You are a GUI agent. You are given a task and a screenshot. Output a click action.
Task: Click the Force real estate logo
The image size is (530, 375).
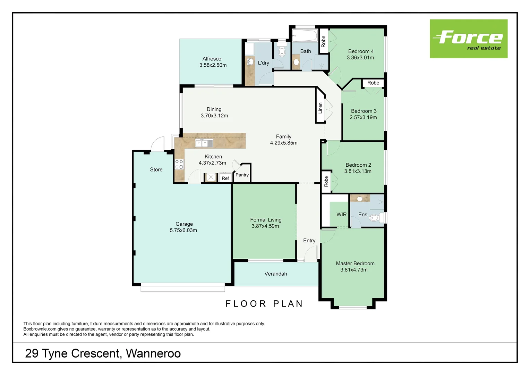pyautogui.click(x=468, y=39)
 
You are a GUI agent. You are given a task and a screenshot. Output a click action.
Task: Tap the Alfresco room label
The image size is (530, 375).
pyautogui.click(x=212, y=59)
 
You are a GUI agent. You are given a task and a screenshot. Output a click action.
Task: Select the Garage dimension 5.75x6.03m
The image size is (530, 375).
pyautogui.click(x=183, y=230)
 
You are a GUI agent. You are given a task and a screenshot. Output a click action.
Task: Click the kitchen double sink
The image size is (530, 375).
pyautogui.click(x=204, y=143)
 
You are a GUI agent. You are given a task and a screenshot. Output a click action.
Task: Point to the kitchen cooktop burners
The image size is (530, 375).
pyautogui.click(x=179, y=165)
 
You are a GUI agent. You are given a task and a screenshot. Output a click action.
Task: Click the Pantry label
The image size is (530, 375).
pyautogui.click(x=242, y=175)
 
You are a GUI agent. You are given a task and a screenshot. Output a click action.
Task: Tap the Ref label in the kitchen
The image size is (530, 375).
pyautogui.click(x=225, y=178)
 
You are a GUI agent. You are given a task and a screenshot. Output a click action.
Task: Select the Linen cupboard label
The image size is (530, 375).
pyautogui.click(x=320, y=108)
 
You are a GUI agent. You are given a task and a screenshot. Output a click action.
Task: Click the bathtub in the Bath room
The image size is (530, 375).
pyautogui.click(x=305, y=35)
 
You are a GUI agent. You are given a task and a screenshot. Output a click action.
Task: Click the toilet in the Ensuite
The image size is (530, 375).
pyautogui.click(x=374, y=218)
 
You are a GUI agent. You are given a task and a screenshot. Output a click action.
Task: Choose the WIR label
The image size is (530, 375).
pyautogui.click(x=341, y=215)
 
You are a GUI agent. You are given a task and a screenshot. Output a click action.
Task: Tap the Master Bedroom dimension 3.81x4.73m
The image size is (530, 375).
pyautogui.click(x=354, y=270)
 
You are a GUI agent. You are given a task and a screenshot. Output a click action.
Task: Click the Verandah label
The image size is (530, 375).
pyautogui.click(x=275, y=274)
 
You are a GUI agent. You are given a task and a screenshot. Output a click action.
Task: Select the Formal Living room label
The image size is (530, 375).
pyautogui.click(x=266, y=220)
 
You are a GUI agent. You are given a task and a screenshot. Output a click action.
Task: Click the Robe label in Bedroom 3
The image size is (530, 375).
pyautogui.click(x=373, y=83)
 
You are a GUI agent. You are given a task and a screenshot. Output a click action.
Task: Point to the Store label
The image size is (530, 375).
pyautogui.click(x=156, y=169)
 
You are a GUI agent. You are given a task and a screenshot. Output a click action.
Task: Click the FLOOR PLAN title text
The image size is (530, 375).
pyautogui.click(x=264, y=304)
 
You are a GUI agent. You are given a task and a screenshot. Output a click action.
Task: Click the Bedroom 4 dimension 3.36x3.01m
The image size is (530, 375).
pyautogui.click(x=360, y=58)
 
